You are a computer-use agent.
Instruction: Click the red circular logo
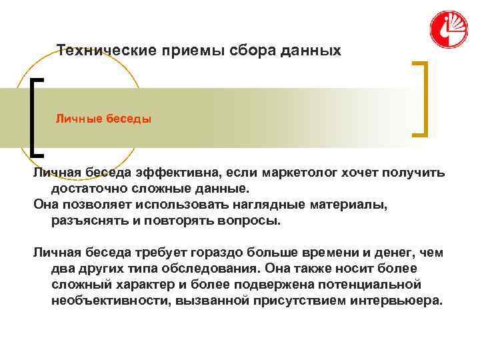pos(449,30)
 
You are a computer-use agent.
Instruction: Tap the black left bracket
pos(35,117)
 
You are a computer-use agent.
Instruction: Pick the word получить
pos(411,173)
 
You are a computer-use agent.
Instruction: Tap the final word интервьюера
pos(395,301)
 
